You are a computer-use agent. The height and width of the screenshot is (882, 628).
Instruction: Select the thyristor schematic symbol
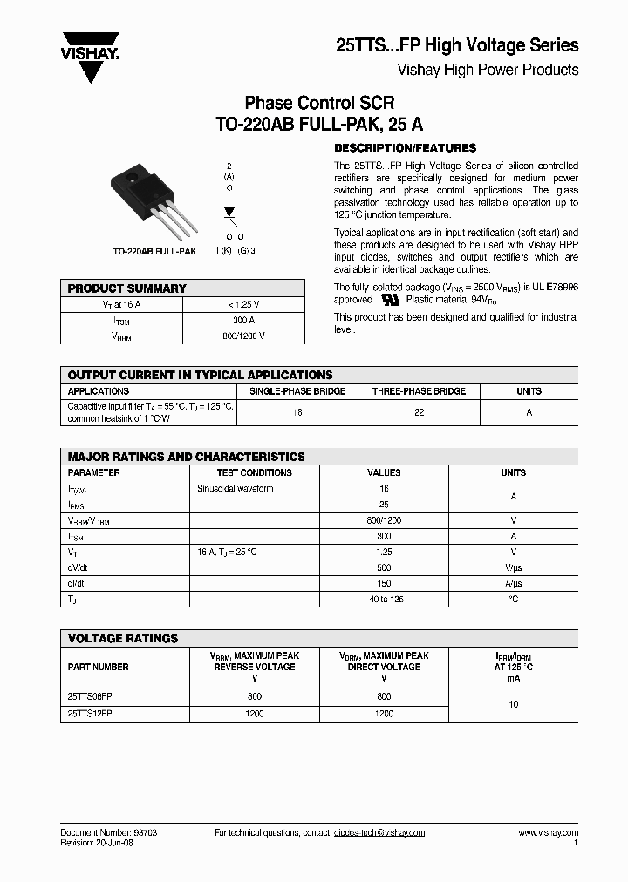pyautogui.click(x=230, y=213)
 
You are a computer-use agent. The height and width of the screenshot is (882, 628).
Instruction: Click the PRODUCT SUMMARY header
pyautogui.click(x=127, y=288)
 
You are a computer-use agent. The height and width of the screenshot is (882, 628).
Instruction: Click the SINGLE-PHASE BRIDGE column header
pyautogui.click(x=297, y=391)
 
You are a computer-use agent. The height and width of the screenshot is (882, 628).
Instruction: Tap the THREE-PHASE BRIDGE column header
pyautogui.click(x=419, y=391)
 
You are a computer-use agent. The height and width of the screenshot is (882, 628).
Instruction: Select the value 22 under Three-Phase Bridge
pyautogui.click(x=419, y=412)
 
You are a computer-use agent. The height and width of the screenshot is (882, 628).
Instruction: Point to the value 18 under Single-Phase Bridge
pyautogui.click(x=297, y=412)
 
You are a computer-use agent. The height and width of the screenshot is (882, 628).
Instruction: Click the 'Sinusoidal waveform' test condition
pyautogui.click(x=235, y=489)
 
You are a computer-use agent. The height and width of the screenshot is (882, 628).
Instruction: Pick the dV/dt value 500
pyautogui.click(x=384, y=567)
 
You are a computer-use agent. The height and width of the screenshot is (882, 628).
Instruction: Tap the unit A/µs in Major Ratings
pyautogui.click(x=513, y=583)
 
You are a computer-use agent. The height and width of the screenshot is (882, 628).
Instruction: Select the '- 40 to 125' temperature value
pyautogui.click(x=384, y=599)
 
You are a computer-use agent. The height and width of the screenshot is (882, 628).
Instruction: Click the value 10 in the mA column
pyautogui.click(x=513, y=704)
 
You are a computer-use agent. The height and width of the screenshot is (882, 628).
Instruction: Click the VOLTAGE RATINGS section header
pyautogui.click(x=123, y=639)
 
